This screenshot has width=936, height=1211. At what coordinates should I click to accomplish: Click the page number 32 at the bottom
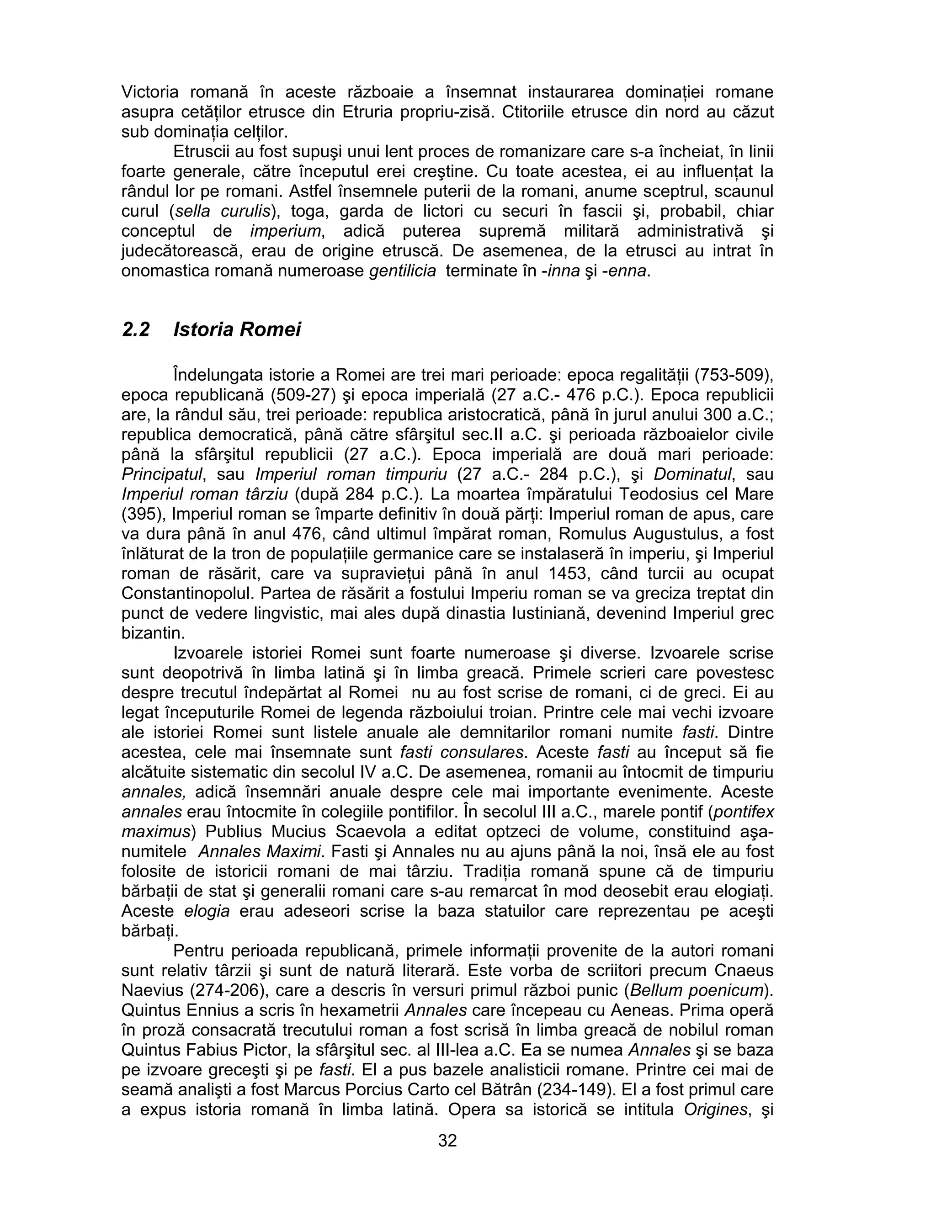click(447, 1140)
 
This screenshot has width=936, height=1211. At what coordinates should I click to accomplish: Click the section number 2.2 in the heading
click(136, 329)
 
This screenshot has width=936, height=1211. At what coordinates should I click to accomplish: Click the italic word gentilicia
click(403, 271)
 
